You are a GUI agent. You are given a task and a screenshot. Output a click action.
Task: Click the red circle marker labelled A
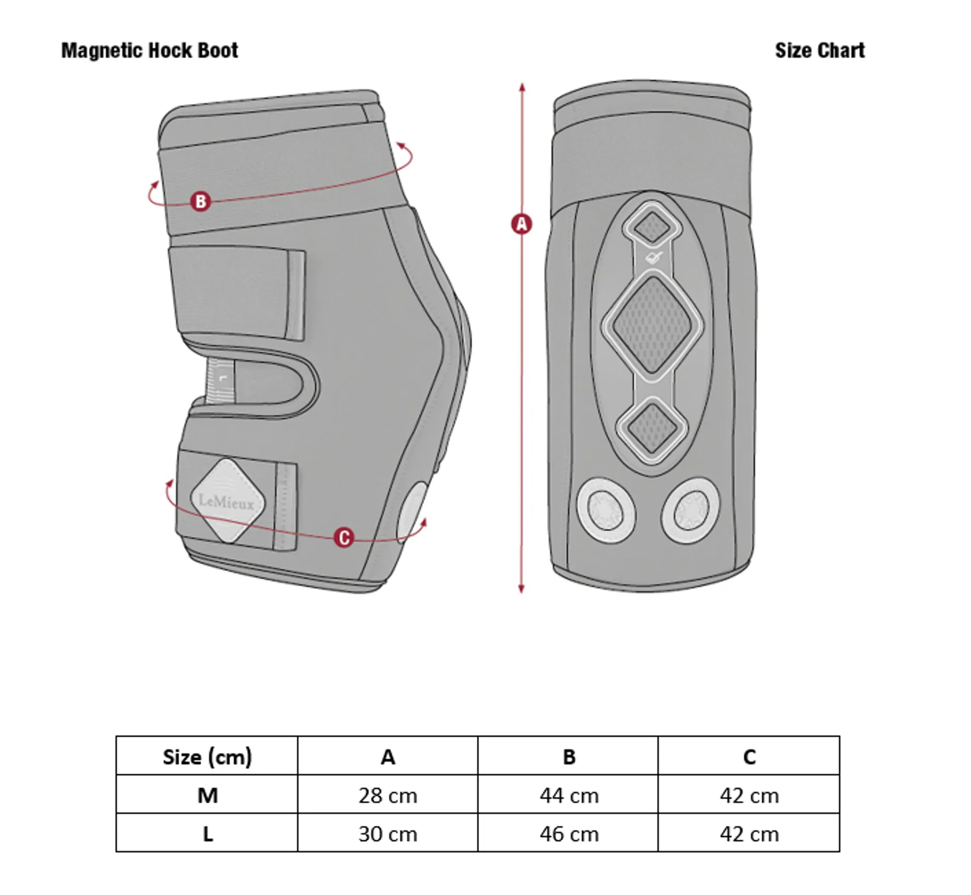(x=521, y=223)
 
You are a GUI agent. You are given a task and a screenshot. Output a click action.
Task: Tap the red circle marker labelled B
(x=200, y=201)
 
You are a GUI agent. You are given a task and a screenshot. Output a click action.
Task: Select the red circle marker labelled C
(x=344, y=537)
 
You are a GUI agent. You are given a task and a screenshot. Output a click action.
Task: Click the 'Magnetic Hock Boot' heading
(x=150, y=51)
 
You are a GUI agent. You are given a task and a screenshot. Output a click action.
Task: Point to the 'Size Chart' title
(x=820, y=51)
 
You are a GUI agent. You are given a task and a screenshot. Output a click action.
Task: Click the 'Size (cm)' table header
(x=207, y=757)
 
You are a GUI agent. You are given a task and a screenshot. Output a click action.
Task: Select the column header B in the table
(x=569, y=757)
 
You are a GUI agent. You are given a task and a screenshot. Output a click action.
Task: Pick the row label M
(x=207, y=795)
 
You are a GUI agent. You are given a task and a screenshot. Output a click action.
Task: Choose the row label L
(x=207, y=834)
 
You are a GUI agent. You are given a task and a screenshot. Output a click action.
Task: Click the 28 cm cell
(x=388, y=796)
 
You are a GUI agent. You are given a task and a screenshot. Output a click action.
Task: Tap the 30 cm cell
(x=388, y=834)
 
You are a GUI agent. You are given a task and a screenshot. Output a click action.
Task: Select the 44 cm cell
(x=569, y=796)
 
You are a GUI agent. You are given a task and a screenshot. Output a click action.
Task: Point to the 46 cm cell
(x=569, y=834)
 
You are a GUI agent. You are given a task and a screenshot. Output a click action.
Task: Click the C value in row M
(x=749, y=796)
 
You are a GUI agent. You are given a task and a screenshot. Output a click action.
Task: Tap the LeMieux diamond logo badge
(x=228, y=501)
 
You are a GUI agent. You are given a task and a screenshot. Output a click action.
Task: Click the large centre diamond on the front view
(x=652, y=325)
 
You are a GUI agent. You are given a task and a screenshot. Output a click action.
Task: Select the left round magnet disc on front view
(x=606, y=511)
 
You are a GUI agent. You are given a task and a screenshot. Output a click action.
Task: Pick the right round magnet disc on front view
(x=691, y=511)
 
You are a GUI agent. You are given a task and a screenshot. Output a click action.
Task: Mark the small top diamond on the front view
(x=652, y=228)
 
